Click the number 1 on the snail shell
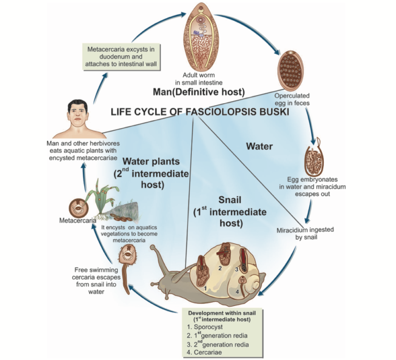pyautogui.click(x=205, y=288)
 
